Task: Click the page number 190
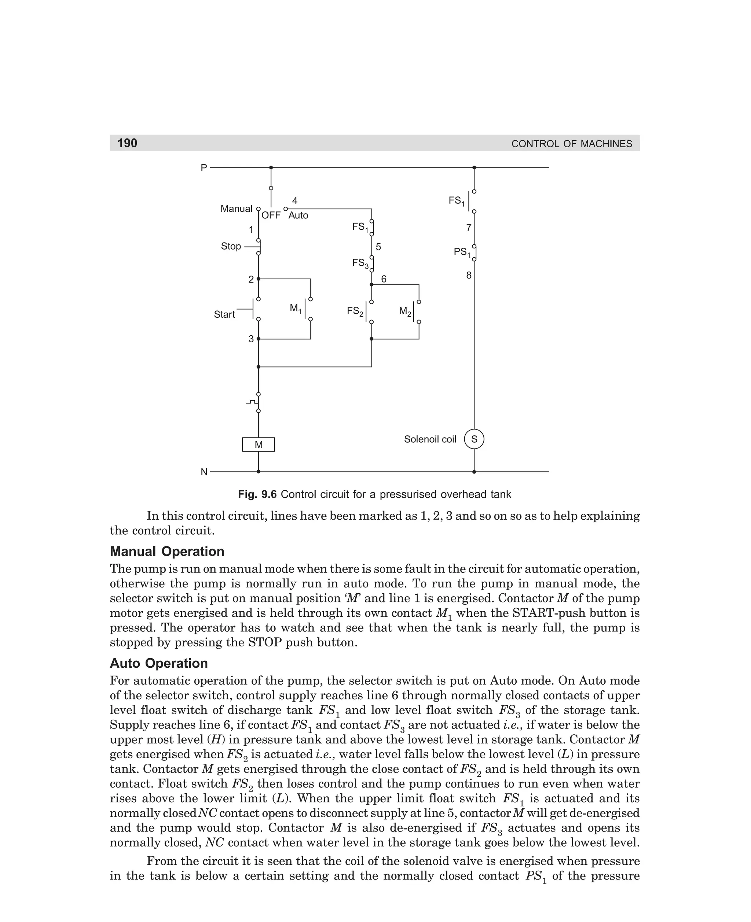click(127, 143)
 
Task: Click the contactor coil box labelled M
click(258, 445)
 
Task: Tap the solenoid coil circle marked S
click(474, 439)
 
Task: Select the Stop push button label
click(231, 246)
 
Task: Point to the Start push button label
click(224, 314)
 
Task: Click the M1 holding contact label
click(296, 309)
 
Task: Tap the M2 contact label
click(405, 311)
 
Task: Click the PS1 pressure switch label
click(462, 252)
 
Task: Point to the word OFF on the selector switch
click(271, 215)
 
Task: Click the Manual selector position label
click(236, 209)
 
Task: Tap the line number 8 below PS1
click(469, 275)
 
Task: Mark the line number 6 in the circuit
click(383, 279)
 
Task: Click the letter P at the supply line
click(204, 168)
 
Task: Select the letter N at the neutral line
click(204, 472)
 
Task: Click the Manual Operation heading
click(167, 552)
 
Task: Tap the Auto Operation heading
click(159, 663)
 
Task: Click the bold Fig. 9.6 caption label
click(257, 494)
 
